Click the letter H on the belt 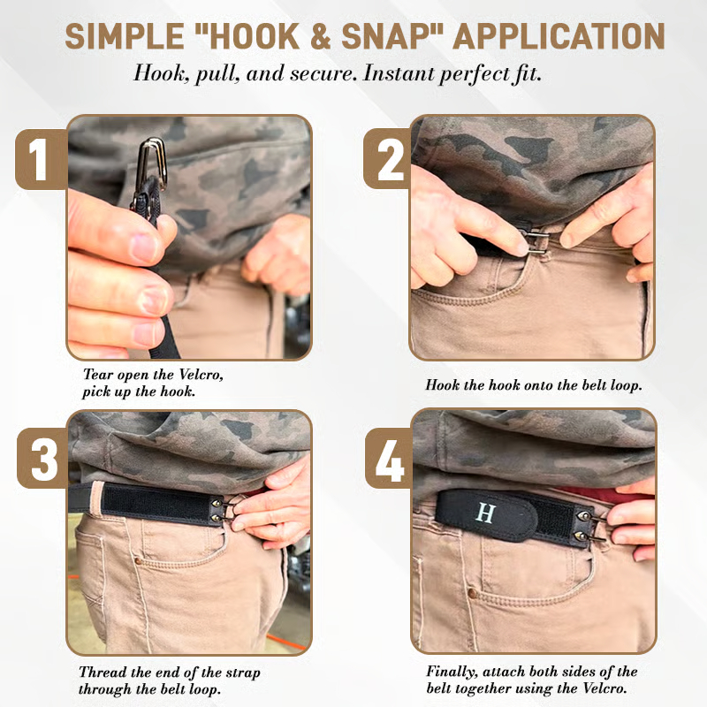tap(486, 513)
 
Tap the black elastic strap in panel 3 tap(141, 501)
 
